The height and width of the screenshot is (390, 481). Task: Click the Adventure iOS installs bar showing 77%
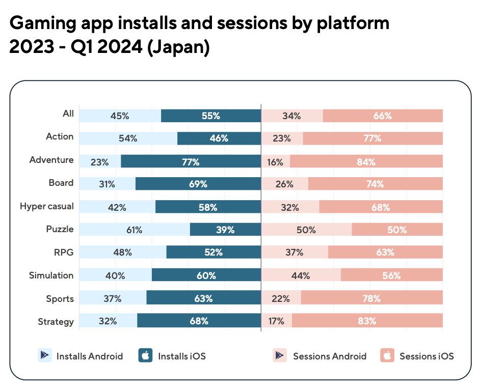click(191, 162)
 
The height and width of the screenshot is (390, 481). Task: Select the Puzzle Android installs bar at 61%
click(135, 230)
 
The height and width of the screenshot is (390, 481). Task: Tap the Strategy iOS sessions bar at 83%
click(367, 321)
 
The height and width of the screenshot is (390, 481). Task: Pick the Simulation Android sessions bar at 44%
click(301, 275)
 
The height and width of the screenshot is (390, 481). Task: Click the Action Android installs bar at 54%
click(128, 138)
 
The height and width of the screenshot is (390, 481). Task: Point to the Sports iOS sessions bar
click(371, 298)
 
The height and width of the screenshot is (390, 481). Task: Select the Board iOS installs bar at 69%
click(198, 184)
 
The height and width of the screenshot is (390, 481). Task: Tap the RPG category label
click(64, 252)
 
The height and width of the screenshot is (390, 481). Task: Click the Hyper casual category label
click(47, 206)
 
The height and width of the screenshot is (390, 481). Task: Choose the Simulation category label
click(51, 275)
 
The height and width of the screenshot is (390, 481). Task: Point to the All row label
click(68, 114)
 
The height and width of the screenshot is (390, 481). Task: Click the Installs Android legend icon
click(45, 355)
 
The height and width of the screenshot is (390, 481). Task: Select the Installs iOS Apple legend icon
click(146, 355)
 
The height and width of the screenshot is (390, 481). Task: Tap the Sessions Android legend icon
click(280, 355)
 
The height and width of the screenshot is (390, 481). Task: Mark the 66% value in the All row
click(382, 116)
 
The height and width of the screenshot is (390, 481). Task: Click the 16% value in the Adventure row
click(275, 162)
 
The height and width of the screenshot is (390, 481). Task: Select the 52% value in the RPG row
click(213, 252)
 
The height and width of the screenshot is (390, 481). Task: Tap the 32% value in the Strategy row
click(108, 321)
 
